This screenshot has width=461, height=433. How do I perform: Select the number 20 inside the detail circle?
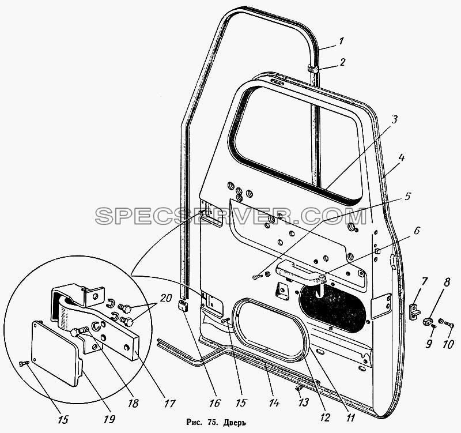pyautogui.click(x=167, y=299)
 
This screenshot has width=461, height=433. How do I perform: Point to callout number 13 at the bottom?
pyautogui.click(x=304, y=402)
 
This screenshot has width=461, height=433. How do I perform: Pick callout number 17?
pyautogui.click(x=170, y=403)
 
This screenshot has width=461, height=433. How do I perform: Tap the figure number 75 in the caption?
pyautogui.click(x=211, y=423)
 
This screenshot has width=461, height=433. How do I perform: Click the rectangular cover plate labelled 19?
pyautogui.click(x=56, y=353)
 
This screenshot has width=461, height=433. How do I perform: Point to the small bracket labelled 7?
pyautogui.click(x=415, y=311)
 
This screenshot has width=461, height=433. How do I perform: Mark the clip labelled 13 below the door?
pyautogui.click(x=297, y=389)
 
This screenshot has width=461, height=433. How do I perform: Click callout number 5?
pyautogui.click(x=407, y=197)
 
